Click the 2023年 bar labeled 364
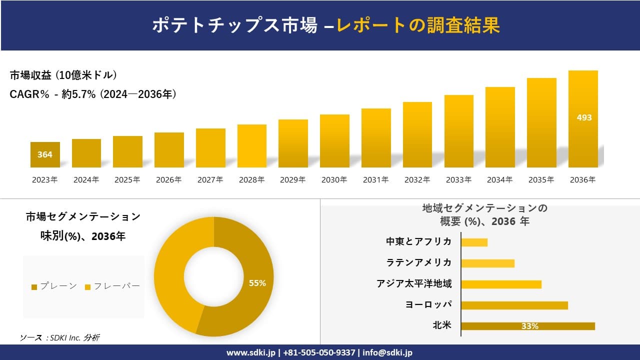tap(45, 154)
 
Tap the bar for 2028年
tap(252, 146)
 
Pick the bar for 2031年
tap(376, 138)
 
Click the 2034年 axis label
tap(500, 180)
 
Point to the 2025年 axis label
tap(127, 180)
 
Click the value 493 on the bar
tap(584, 117)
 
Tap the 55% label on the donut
tap(257, 283)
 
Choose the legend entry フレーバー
tap(112, 286)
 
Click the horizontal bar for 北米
tap(528, 326)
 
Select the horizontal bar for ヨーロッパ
tap(514, 305)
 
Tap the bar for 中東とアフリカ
tap(474, 242)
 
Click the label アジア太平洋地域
tap(414, 284)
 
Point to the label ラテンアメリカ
tap(419, 263)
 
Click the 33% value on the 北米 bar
tap(529, 326)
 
